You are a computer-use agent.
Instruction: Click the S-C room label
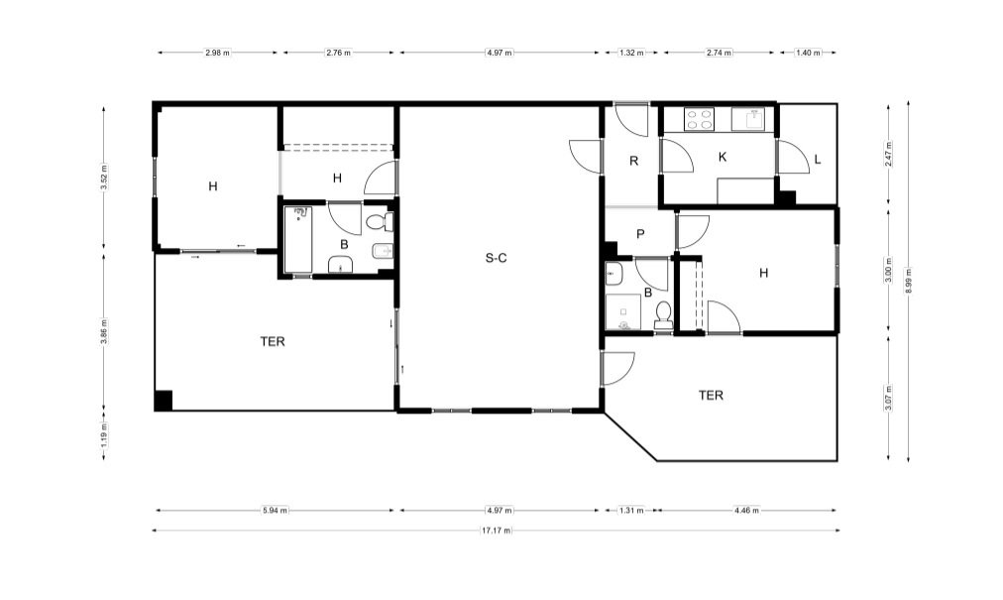[x=496, y=258]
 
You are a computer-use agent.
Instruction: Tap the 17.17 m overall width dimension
[x=496, y=531]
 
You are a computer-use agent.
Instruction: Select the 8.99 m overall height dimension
[x=908, y=281]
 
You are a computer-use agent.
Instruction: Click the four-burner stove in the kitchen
[x=699, y=119]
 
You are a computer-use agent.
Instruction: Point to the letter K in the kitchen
[x=723, y=157]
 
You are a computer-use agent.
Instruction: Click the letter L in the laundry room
[x=818, y=160]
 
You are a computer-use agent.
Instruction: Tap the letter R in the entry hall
[x=634, y=161]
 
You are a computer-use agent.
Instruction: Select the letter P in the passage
[x=640, y=234]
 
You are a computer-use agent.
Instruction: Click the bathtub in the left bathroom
[x=298, y=239]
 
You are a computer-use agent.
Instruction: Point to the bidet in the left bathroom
[x=383, y=252]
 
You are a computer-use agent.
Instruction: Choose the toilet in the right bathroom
[x=664, y=314]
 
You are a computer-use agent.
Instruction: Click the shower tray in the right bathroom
[x=622, y=311]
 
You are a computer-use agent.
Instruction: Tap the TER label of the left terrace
[x=273, y=342]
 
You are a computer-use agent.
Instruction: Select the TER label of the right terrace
[x=711, y=396]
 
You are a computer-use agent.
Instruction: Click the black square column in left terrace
[x=164, y=401]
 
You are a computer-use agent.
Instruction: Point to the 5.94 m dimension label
[x=276, y=511]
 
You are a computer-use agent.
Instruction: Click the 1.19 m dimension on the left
[x=104, y=435]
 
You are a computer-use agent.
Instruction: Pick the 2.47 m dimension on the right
[x=888, y=154]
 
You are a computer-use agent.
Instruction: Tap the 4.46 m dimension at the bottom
[x=747, y=511]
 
